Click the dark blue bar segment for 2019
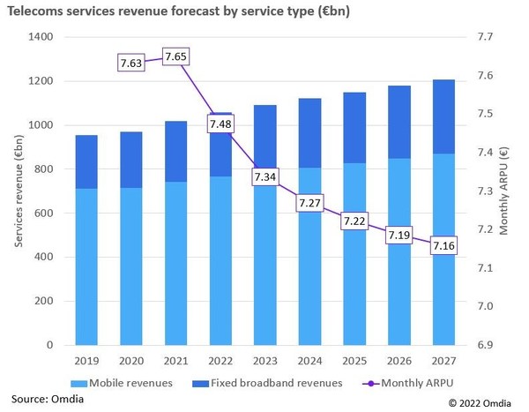[86, 161]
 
